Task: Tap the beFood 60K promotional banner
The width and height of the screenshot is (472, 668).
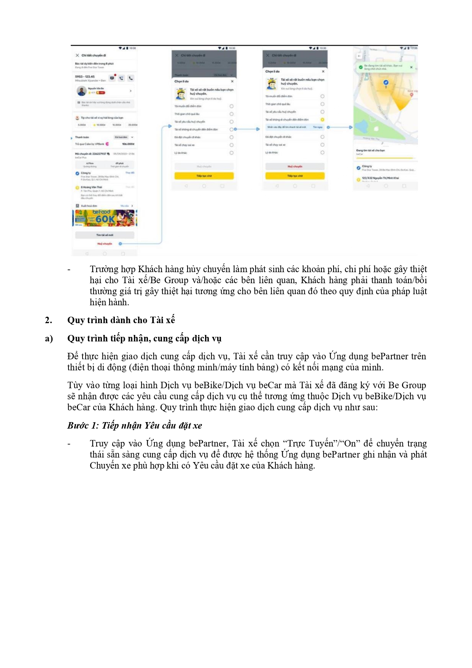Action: pyautogui.click(x=105, y=218)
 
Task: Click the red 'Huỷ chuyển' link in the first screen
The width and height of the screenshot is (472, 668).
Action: pyautogui.click(x=105, y=244)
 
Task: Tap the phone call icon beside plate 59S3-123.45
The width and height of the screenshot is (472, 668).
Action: pyautogui.click(x=130, y=78)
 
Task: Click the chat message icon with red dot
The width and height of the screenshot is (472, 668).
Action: pyautogui.click(x=112, y=78)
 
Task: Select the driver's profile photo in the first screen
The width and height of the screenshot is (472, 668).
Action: pyautogui.click(x=81, y=91)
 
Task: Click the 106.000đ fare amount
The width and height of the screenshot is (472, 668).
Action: pyautogui.click(x=128, y=144)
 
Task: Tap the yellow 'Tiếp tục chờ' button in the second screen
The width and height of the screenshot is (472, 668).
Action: pyautogui.click(x=204, y=176)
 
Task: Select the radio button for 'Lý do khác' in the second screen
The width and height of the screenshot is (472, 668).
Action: pyautogui.click(x=231, y=153)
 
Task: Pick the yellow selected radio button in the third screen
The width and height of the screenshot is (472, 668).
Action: pyautogui.click(x=322, y=120)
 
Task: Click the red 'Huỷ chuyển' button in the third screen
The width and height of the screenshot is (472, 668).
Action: pyautogui.click(x=295, y=166)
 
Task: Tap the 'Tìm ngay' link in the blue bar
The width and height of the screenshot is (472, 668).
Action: pyautogui.click(x=317, y=127)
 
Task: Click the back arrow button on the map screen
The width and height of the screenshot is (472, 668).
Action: pyautogui.click(x=359, y=56)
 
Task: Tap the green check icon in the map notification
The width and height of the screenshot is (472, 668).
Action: pyautogui.click(x=360, y=67)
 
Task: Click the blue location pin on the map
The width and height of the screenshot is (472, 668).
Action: pyautogui.click(x=386, y=83)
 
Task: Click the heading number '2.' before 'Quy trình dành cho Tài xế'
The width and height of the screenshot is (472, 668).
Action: pyautogui.click(x=48, y=320)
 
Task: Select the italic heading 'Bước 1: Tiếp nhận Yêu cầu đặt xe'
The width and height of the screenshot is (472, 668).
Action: pyautogui.click(x=135, y=426)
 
